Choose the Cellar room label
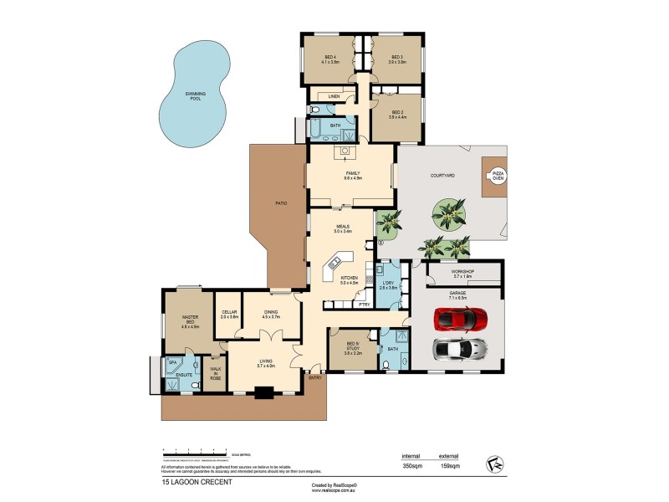point(229,315)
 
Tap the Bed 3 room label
point(397,59)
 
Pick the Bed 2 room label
point(397,114)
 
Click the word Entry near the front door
point(314,378)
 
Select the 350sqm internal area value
point(411,466)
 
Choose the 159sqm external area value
point(472,466)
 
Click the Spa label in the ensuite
point(174,362)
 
